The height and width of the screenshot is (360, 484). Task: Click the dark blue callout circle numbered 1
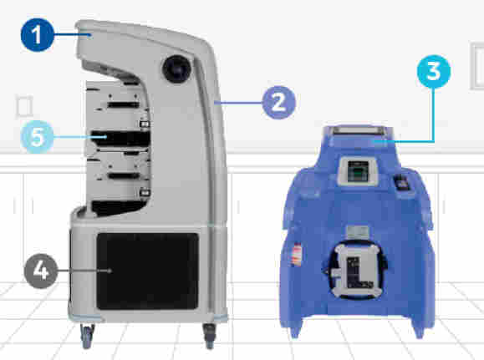pyautogui.click(x=38, y=35)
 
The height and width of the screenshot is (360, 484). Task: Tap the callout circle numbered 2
pyautogui.click(x=278, y=103)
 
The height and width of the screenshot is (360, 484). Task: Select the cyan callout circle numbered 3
pyautogui.click(x=434, y=71)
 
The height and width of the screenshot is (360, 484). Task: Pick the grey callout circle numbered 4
pyautogui.click(x=41, y=271)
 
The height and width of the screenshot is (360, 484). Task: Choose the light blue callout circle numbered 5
pyautogui.click(x=37, y=137)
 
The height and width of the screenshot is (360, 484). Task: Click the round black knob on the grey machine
pyautogui.click(x=177, y=69)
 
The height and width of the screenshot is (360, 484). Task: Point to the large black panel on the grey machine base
pyautogui.click(x=148, y=271)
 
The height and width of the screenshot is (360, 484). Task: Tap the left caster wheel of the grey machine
pyautogui.click(x=87, y=336)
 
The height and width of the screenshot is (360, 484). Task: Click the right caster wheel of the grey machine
pyautogui.click(x=210, y=337)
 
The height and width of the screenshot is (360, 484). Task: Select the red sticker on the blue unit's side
pyautogui.click(x=297, y=254)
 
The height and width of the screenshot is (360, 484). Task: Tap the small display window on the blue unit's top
pyautogui.click(x=358, y=171)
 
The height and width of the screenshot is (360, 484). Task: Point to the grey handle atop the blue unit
pyautogui.click(x=358, y=130)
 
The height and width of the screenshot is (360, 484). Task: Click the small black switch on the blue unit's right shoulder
pyautogui.click(x=401, y=182)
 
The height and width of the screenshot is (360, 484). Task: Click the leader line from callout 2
pyautogui.click(x=240, y=103)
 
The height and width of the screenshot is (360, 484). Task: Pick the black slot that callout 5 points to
pyautogui.click(x=120, y=139)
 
